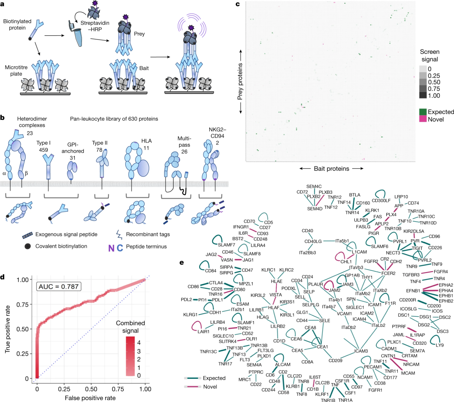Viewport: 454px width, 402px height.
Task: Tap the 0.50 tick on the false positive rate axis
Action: tap(91, 389)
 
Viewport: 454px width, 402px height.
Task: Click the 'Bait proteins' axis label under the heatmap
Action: tap(332, 169)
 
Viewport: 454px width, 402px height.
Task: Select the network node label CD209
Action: tap(336, 360)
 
